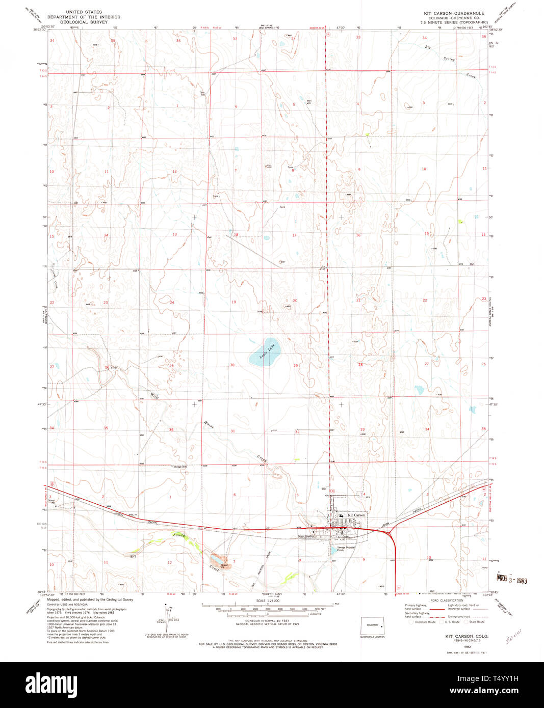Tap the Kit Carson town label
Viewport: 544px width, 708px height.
click(356, 515)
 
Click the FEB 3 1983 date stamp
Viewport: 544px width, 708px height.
click(511, 580)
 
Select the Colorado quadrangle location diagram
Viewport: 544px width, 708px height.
click(372, 625)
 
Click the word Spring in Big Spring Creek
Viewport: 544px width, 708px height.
click(449, 59)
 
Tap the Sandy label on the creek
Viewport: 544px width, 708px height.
click(178, 535)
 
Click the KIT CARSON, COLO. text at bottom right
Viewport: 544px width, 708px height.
click(467, 637)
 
